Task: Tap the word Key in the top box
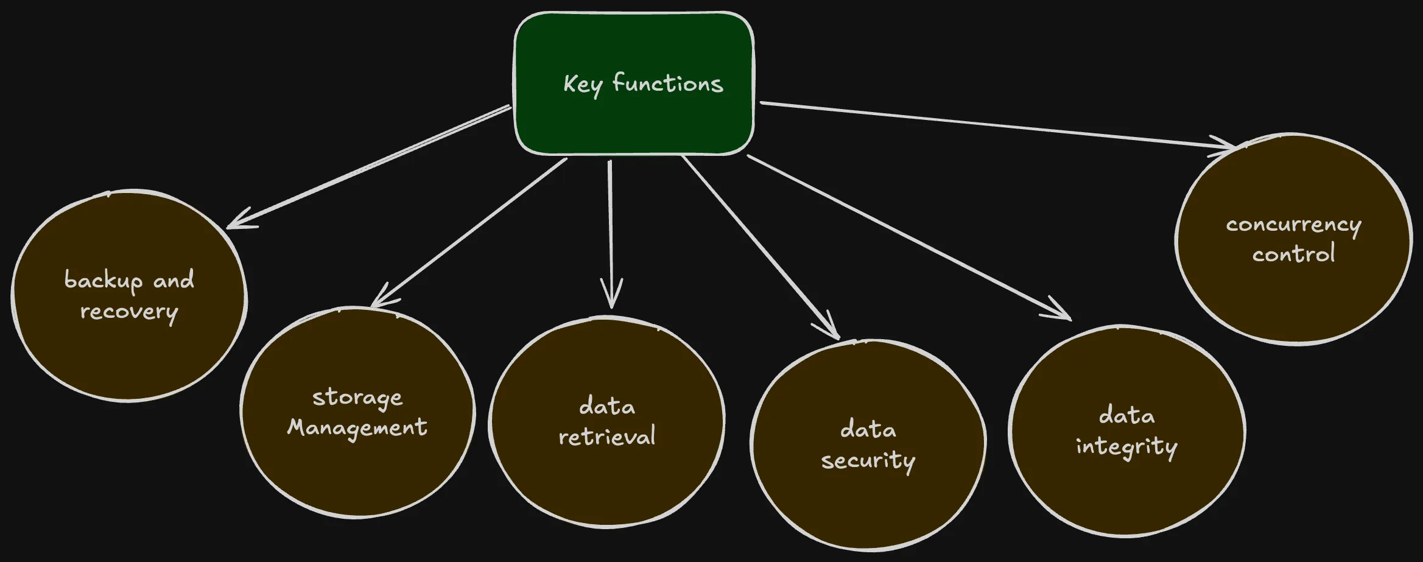[582, 85]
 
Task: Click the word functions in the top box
[667, 83]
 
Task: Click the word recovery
[129, 312]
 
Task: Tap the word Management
[357, 428]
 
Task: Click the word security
[868, 461]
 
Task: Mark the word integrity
[1126, 447]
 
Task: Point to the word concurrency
[1293, 225]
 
